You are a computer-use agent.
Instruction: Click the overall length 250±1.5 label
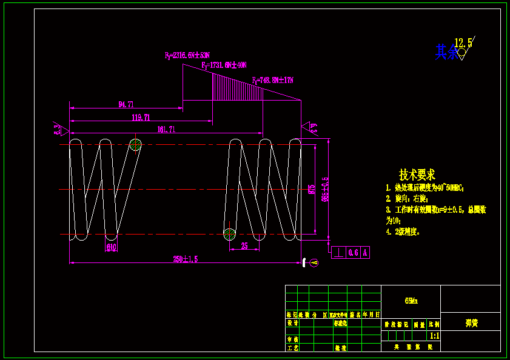coord(186,259)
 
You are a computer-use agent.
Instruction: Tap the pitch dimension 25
coord(244,246)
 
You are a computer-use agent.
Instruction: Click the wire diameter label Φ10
coord(112,247)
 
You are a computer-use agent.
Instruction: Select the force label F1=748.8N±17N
coord(273,80)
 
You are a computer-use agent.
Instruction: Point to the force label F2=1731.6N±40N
coord(224,65)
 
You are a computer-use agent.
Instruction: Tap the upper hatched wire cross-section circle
coord(136,144)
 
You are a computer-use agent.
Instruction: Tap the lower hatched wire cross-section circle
coord(229,234)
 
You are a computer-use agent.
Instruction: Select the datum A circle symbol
coord(314,262)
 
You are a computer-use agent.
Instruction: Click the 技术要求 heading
coord(417,175)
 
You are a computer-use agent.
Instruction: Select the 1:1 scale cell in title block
coord(434,335)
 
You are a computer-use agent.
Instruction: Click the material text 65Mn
coord(411,301)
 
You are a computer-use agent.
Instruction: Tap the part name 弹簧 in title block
coord(471,323)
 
